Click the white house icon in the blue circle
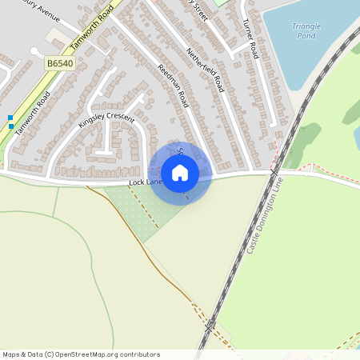(180, 173)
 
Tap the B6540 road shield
(60, 62)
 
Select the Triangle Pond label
(306, 31)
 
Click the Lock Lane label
(145, 183)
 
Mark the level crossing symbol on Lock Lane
(274, 172)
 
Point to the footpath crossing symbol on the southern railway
(210, 325)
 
